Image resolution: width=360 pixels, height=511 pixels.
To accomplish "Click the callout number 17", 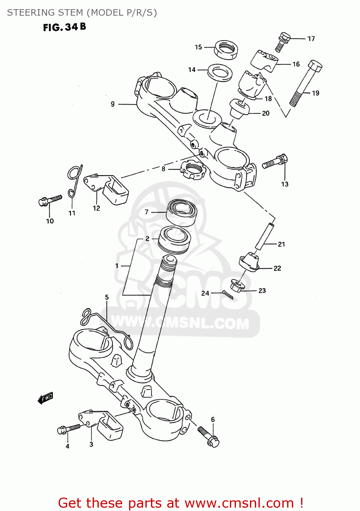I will coord(311,39).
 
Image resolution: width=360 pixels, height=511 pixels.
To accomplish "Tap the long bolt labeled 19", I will coord(305,83).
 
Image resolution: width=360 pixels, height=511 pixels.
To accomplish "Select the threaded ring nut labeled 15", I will coord(226,49).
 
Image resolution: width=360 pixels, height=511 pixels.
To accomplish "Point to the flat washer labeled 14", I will coord(220,73).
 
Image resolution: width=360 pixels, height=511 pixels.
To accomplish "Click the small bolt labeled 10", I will coord(50,200).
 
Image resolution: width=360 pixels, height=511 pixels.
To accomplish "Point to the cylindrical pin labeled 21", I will coord(264,236).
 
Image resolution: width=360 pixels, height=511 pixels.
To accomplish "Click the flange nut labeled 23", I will coord(237,286).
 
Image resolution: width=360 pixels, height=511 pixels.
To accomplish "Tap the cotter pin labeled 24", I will coord(228,295).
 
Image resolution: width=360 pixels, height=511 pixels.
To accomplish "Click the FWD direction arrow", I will coord(45,398).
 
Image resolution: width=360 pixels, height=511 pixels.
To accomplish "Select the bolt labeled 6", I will coord(208,437).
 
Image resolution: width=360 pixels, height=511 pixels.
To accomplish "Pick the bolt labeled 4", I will coord(69,428).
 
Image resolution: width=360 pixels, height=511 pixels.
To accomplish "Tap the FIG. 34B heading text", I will coord(64,27).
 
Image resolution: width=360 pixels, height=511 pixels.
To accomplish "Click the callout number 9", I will coord(113,104).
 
